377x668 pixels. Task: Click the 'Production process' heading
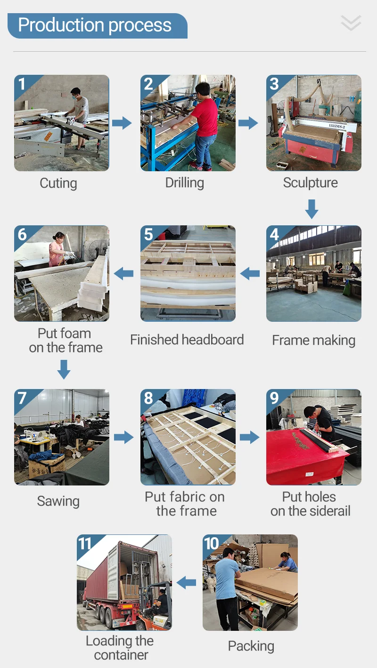95,25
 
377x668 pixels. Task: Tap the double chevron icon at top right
351,23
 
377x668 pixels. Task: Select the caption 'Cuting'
58,183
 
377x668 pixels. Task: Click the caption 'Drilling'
184,183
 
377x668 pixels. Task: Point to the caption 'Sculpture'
310,183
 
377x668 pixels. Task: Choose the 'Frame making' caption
313,340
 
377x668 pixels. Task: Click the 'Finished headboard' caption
187,340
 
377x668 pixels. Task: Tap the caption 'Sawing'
58,501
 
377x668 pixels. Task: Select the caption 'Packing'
251,646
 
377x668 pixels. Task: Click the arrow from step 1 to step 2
122,123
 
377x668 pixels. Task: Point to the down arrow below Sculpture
311,209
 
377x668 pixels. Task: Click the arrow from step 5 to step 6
124,273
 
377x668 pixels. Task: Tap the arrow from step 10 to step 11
187,582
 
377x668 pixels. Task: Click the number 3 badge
274,84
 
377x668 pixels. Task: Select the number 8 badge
148,398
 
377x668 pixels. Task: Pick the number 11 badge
85,544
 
